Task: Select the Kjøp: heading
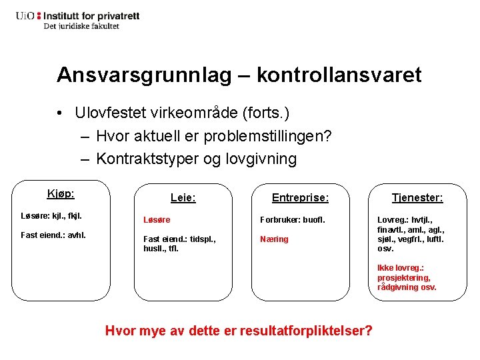pos(61,194)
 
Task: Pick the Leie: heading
pos(183,198)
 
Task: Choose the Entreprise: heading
pos(300,198)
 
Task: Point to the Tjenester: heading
pos(417,198)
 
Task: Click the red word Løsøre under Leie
pos(157,219)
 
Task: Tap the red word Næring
pos(275,239)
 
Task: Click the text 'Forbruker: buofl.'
pos(291,219)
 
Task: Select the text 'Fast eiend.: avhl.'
pos(53,235)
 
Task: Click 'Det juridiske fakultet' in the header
pos(81,26)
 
